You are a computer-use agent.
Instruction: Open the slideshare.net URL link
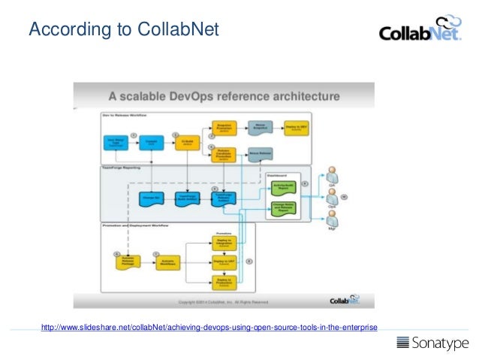[x=209, y=326]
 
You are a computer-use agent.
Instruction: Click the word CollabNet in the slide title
[x=179, y=30]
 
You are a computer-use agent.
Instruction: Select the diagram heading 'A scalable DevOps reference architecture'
[x=224, y=96]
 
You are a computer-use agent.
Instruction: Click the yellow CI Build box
[x=188, y=142]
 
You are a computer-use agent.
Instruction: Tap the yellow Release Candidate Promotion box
[x=222, y=154]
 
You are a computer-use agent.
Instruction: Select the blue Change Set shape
[x=152, y=198]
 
